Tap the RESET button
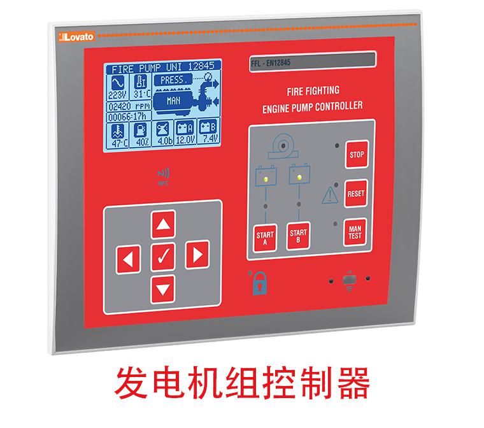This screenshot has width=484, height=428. [356, 194]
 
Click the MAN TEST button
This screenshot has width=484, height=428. [355, 232]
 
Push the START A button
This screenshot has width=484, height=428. [265, 238]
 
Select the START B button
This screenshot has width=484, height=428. [298, 236]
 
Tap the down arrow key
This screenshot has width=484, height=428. [163, 289]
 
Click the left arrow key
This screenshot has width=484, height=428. [128, 259]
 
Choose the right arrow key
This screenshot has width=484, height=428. [197, 255]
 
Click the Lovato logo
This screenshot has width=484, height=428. [76, 37]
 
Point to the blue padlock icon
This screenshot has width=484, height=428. [260, 283]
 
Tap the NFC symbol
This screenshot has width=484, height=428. [164, 176]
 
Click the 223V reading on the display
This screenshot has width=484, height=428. [117, 94]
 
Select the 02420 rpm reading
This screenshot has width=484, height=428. [129, 106]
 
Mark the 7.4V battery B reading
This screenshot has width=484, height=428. [210, 138]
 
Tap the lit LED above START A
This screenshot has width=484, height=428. [266, 179]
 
